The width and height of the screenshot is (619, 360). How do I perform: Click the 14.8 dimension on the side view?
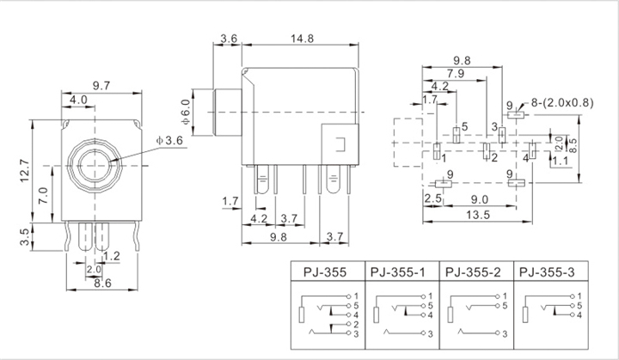tap(302, 39)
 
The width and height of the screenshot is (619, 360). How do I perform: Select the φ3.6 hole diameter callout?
tap(169, 141)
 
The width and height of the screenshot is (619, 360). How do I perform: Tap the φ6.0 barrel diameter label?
tap(186, 112)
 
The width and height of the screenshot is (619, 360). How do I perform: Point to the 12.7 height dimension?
tap(24, 170)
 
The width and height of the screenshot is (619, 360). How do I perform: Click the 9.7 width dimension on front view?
tap(101, 86)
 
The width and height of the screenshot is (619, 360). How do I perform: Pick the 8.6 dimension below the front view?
tap(102, 283)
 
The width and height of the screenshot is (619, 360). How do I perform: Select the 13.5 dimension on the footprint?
tap(478, 215)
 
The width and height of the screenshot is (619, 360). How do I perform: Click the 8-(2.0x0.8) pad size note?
tap(562, 103)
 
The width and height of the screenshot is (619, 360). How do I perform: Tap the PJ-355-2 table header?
tap(473, 272)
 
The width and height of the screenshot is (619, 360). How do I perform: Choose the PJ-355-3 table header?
tap(547, 272)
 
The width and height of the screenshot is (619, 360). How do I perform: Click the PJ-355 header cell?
tap(324, 272)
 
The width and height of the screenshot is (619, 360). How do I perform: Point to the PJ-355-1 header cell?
tap(397, 272)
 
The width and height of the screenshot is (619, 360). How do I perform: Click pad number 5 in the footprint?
tap(464, 126)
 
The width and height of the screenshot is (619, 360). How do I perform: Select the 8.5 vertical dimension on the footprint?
tap(573, 145)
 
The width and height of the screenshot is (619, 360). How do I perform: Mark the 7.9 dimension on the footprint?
tap(455, 73)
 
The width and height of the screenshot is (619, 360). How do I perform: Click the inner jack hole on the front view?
tap(95, 166)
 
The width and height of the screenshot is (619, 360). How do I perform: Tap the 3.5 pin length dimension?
tap(24, 237)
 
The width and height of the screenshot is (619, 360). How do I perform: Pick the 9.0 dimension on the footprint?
tap(479, 199)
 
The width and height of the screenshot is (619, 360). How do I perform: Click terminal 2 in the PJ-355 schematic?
tap(356, 325)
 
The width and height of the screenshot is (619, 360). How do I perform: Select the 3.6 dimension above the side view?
tap(229, 39)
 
